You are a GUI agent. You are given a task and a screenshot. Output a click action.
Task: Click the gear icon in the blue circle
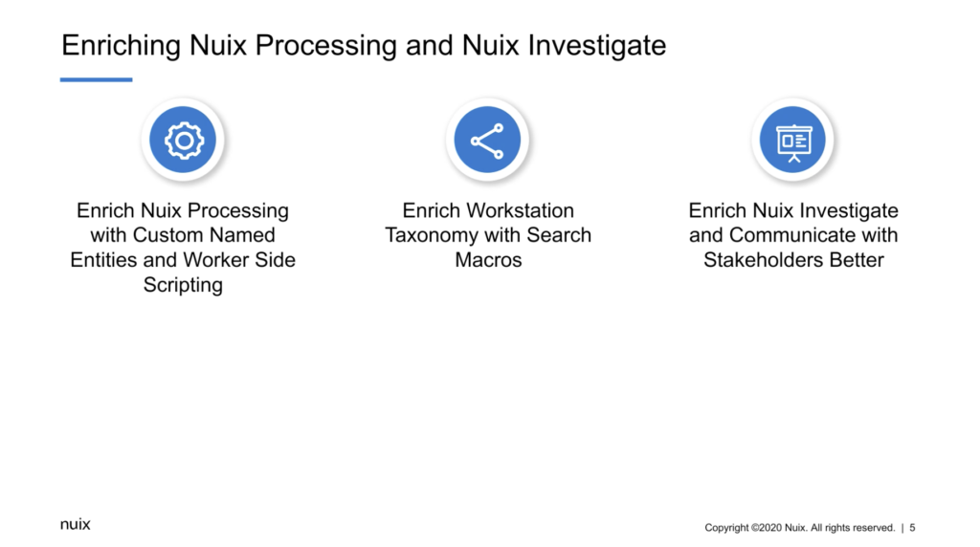(x=183, y=140)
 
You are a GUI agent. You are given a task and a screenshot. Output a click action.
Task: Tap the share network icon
(x=487, y=140)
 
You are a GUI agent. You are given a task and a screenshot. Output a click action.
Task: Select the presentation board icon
(x=793, y=142)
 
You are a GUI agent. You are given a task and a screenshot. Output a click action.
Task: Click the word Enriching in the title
(x=121, y=46)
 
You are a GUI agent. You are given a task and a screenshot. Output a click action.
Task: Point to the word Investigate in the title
(x=596, y=46)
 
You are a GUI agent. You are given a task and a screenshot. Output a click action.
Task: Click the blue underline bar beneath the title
(x=97, y=79)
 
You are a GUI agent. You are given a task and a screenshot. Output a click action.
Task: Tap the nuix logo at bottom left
(x=75, y=524)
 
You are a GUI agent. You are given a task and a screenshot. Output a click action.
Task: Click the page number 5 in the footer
(x=912, y=528)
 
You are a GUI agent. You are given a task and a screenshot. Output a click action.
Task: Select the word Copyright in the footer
(x=726, y=528)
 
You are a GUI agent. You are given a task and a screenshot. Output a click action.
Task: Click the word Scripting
(x=183, y=285)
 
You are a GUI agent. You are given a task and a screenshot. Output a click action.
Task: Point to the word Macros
(x=488, y=260)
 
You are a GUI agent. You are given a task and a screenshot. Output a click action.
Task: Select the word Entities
(x=103, y=260)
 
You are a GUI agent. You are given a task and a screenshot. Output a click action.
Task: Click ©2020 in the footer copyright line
(x=767, y=528)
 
